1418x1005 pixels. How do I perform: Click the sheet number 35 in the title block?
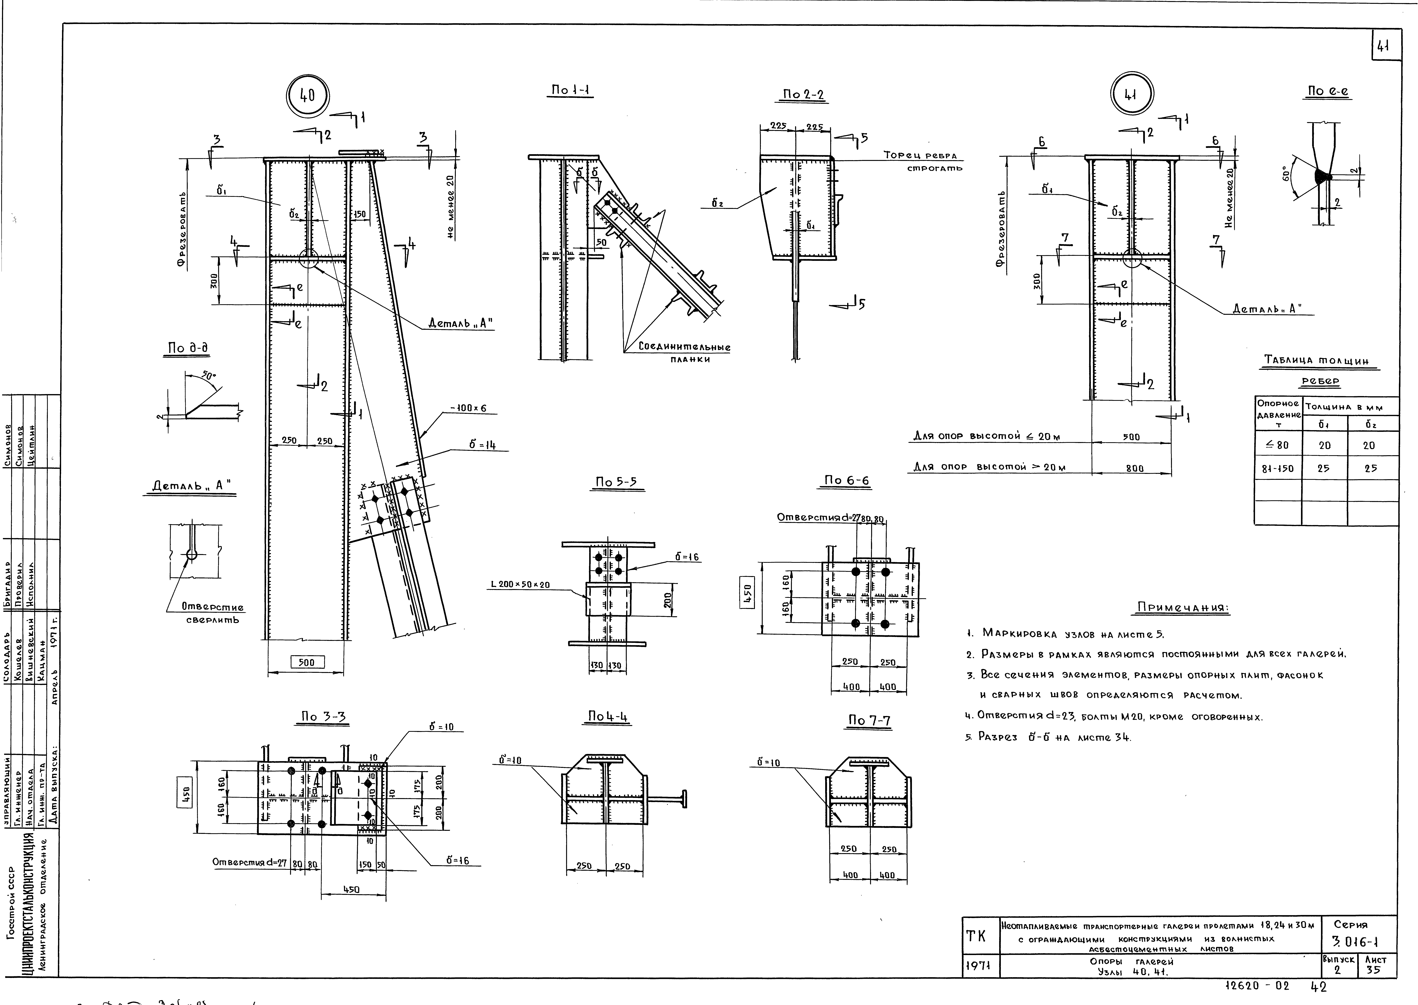1373,970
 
